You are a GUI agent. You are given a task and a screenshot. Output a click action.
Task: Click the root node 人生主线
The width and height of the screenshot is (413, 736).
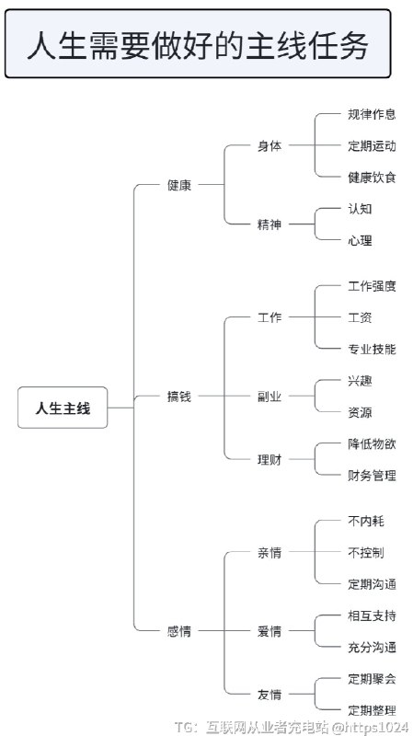pos(63,408)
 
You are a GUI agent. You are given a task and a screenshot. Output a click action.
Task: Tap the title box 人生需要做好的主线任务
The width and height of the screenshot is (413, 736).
pos(198,44)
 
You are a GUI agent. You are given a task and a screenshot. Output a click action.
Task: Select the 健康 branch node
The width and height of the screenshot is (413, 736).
pos(179,185)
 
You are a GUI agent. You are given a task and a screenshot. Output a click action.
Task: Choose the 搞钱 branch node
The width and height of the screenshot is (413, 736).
pos(179,397)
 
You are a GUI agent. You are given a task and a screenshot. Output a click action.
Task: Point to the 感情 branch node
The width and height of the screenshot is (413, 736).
pos(179,631)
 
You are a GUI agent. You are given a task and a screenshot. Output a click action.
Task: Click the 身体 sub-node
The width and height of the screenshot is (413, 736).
pos(270,145)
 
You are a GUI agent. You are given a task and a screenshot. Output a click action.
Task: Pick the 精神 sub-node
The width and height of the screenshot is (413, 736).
pos(270,224)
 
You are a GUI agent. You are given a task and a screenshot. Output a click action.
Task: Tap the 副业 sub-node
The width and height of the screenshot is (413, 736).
pos(270,397)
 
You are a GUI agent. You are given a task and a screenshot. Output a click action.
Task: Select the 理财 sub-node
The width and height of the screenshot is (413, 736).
pos(270,459)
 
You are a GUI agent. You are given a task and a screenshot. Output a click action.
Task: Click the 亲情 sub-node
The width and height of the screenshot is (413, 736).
pos(270,553)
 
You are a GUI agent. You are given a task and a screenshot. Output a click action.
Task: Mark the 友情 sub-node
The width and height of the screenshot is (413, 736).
pos(270,694)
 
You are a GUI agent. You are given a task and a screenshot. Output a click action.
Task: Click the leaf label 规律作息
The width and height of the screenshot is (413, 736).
pos(372,114)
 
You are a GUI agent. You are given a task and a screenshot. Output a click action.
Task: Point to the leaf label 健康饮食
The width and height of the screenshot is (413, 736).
pos(372,177)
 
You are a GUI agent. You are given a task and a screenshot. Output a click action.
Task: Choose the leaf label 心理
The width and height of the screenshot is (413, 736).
pos(360,240)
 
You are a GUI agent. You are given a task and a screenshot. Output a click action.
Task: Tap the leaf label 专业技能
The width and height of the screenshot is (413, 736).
pos(372,349)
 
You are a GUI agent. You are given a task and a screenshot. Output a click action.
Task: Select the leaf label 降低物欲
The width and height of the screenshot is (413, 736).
pos(372,443)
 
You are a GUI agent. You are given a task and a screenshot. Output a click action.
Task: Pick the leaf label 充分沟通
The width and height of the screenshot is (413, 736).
pos(372,647)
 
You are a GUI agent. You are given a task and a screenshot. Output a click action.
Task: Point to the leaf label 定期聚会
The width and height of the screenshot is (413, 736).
pos(372,679)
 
